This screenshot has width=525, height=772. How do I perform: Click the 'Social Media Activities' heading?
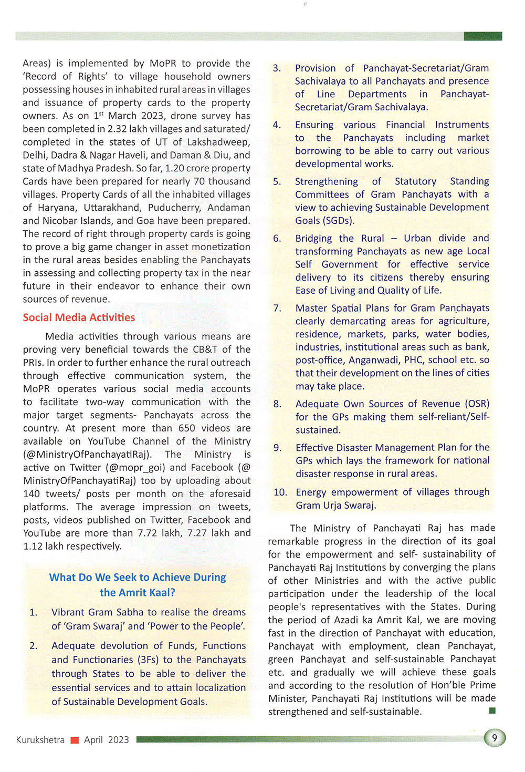click(79, 317)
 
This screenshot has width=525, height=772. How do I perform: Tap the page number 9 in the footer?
click(495, 738)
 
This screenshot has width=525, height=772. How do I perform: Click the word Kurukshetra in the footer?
click(40, 740)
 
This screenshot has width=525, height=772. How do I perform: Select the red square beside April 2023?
click(75, 740)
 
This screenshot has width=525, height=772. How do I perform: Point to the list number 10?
click(280, 492)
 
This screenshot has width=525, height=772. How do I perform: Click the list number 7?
click(277, 308)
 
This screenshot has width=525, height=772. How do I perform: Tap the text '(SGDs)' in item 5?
click(324, 220)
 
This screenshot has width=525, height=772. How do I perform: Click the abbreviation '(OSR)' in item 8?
click(477, 404)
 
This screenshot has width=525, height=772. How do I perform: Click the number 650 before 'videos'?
click(186, 428)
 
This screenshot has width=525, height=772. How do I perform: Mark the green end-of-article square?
click(492, 711)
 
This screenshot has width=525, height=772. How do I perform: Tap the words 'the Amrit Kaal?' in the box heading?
click(138, 592)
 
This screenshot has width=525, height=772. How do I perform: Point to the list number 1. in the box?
click(34, 612)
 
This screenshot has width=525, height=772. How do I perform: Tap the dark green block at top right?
click(482, 36)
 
